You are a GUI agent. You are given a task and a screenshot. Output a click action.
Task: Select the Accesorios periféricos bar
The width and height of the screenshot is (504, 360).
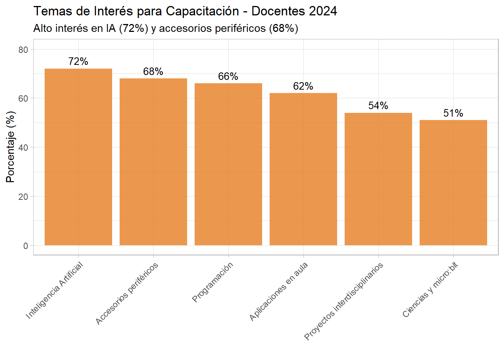point(153,162)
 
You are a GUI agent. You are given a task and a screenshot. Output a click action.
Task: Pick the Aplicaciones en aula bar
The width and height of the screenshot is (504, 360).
point(303,169)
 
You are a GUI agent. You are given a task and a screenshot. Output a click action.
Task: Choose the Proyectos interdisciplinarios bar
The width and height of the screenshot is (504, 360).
point(378,179)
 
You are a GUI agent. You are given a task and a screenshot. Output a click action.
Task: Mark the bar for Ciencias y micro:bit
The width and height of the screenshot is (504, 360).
point(453,183)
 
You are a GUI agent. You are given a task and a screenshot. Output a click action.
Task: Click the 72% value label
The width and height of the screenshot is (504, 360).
point(78,61)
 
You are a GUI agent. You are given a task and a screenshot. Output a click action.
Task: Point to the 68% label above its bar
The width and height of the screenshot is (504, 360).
point(153,72)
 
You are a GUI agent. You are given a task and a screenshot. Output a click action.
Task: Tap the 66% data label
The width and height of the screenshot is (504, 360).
point(228,76)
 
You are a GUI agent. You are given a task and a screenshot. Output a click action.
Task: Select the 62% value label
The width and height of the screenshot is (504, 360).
point(303,86)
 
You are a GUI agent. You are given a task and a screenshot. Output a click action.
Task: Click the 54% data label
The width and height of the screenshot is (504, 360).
point(378,106)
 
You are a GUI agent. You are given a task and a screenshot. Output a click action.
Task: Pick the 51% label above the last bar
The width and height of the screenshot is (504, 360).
point(453,113)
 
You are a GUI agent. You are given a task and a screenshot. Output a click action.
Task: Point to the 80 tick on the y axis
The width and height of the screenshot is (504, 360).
point(23,50)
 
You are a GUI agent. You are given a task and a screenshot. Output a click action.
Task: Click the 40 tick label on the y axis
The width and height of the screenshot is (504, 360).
point(23,148)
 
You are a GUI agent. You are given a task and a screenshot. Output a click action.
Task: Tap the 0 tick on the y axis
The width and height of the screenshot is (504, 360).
point(25,246)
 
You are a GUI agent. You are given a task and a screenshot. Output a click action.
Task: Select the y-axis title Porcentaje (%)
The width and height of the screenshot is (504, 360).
point(10,147)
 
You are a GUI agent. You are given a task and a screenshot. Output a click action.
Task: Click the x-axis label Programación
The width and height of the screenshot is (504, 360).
point(213,282)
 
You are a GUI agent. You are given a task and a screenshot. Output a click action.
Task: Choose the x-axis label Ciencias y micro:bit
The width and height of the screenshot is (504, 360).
point(430,290)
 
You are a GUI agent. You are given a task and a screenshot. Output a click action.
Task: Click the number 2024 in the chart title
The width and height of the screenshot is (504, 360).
point(323,11)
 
